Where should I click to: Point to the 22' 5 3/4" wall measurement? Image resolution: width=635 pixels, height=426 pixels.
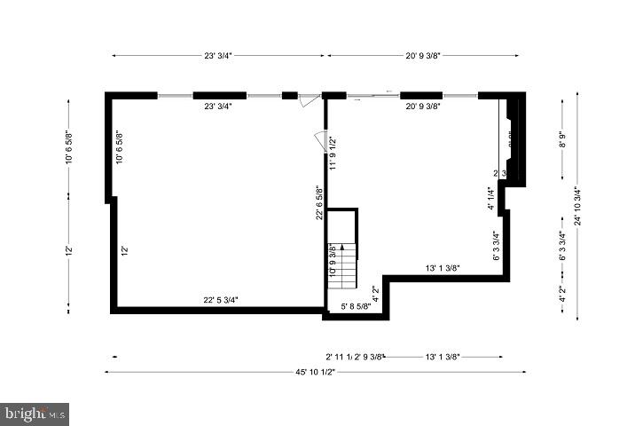click(x=220, y=300)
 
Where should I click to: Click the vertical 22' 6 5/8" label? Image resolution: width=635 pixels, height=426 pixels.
click(x=318, y=202)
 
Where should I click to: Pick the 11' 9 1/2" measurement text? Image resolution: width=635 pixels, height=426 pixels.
click(x=333, y=153)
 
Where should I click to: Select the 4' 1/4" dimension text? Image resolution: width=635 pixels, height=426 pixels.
click(x=490, y=197)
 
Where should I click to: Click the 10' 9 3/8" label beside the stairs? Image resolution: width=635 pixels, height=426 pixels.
click(x=333, y=261)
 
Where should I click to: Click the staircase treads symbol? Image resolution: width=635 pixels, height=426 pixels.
click(x=342, y=263)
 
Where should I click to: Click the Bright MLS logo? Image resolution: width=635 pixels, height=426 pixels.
click(x=35, y=414)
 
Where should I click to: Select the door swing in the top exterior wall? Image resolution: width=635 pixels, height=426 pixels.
click(x=307, y=100)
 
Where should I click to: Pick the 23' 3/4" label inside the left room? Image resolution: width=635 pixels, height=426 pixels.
click(x=218, y=106)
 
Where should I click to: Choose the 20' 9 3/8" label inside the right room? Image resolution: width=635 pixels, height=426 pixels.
click(x=424, y=106)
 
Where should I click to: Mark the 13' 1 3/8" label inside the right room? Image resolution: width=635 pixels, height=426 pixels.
click(x=442, y=268)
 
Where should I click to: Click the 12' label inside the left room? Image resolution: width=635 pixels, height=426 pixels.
click(x=125, y=251)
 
